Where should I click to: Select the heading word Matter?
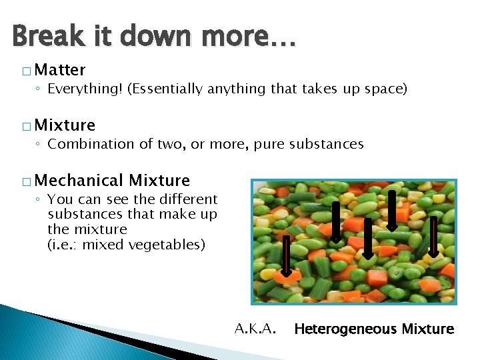coord(60,70)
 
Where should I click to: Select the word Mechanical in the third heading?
coord(79,180)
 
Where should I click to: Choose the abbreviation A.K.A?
coord(256,328)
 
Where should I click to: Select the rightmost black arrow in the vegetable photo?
coord(433,237)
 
